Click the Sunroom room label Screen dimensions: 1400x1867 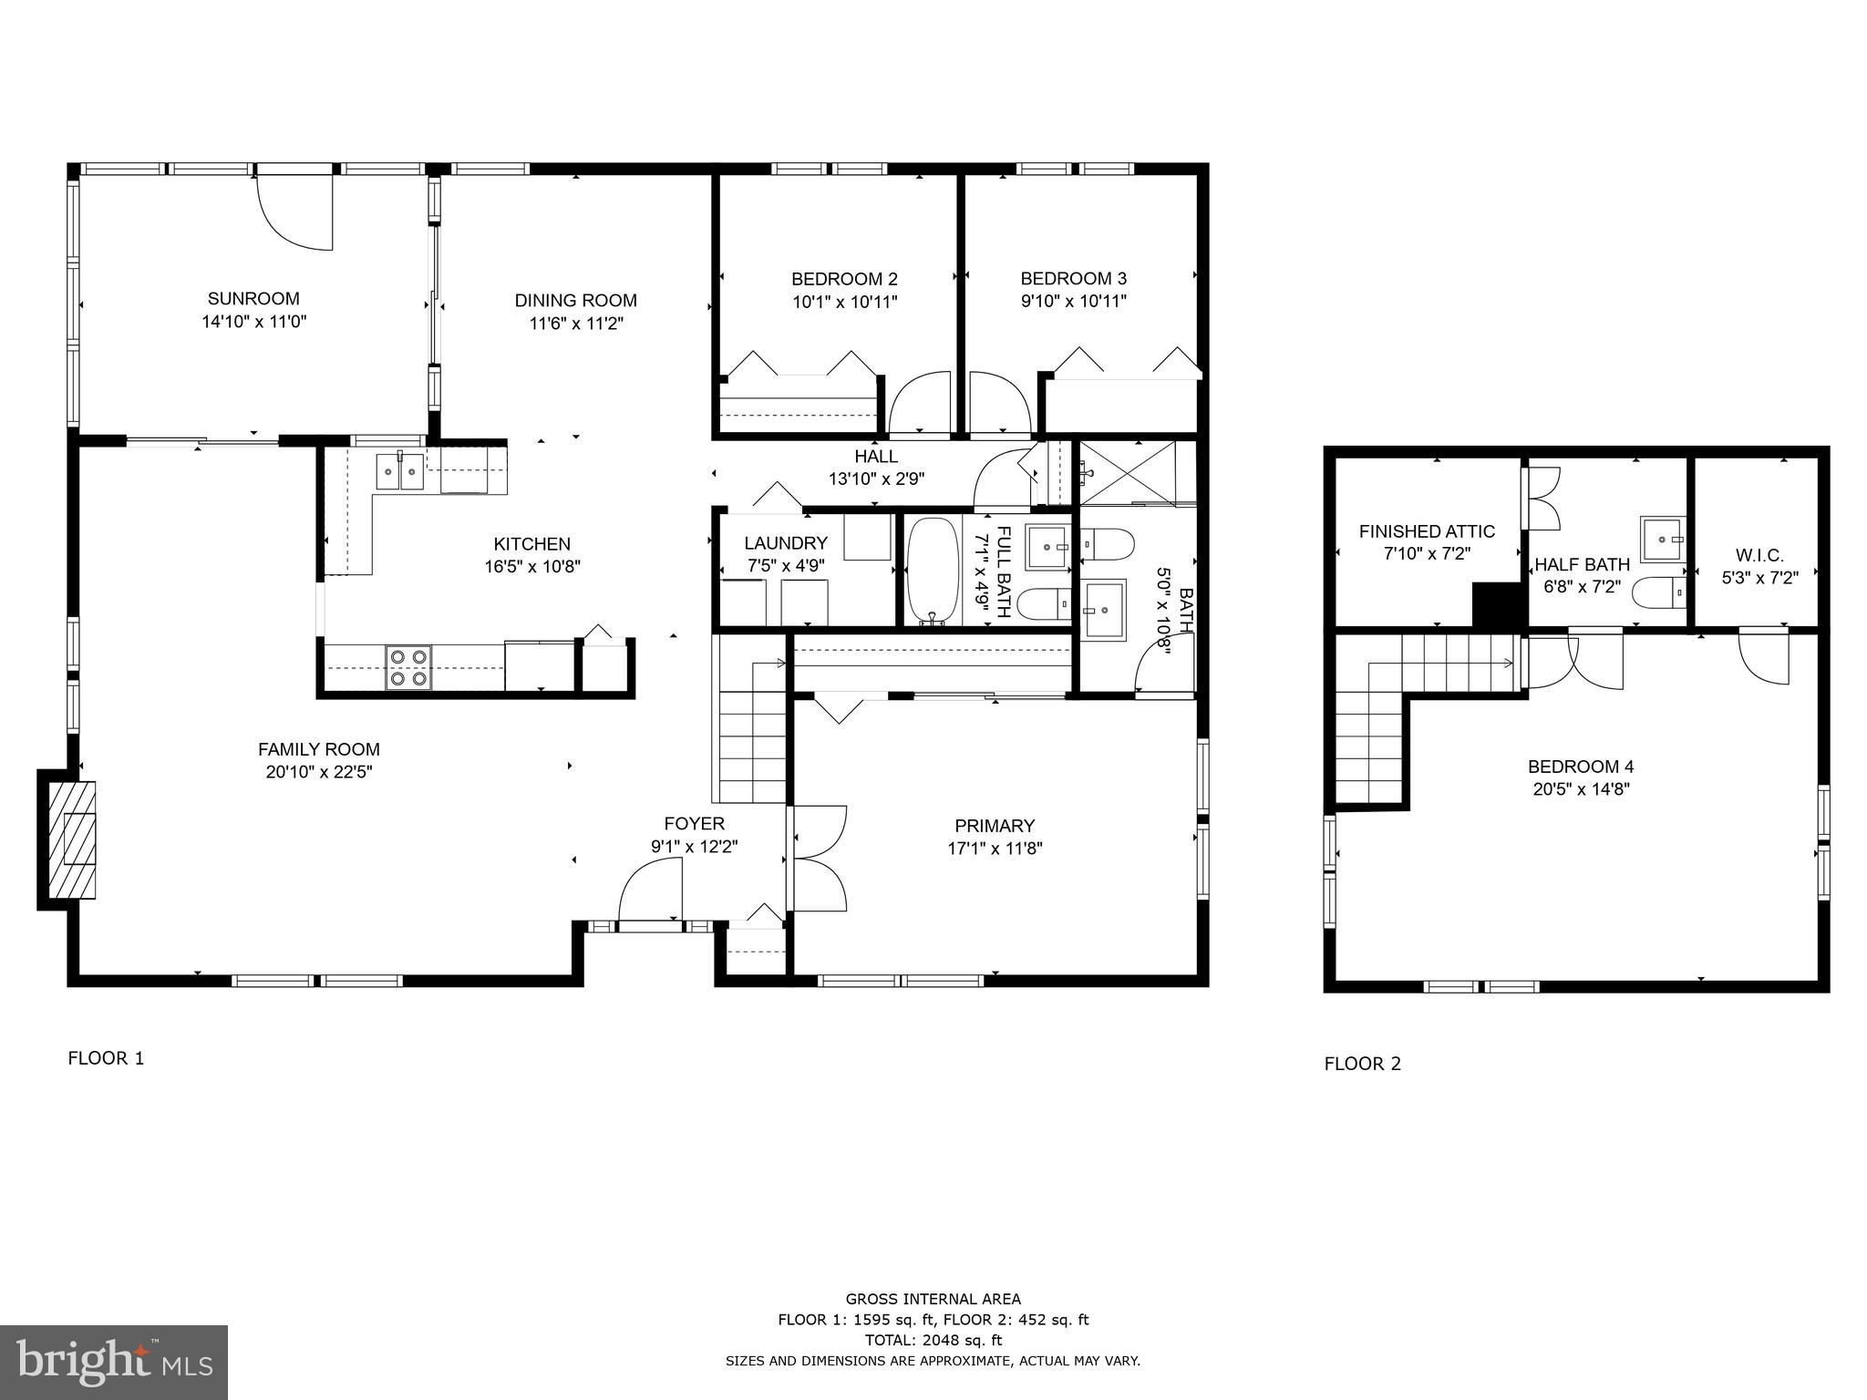[253, 299]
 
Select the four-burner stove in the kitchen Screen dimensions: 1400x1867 [408, 666]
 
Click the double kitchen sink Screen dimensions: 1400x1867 [400, 471]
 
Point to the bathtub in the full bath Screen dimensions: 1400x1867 [933, 571]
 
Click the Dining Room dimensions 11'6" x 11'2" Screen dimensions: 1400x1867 [575, 324]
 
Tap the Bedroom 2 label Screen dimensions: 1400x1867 [844, 279]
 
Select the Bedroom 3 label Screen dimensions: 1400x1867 [1073, 279]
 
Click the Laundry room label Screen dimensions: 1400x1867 [785, 543]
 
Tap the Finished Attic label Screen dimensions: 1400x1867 [1427, 531]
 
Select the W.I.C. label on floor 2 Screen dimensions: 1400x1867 [1759, 555]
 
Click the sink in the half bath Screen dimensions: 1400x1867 [1662, 540]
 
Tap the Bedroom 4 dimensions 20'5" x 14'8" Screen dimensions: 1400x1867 [1581, 789]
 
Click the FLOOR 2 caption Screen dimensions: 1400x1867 [1362, 1064]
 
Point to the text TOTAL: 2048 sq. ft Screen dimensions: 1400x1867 [933, 1340]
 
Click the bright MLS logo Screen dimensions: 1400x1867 [114, 1362]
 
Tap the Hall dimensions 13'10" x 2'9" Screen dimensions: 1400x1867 [876, 479]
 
